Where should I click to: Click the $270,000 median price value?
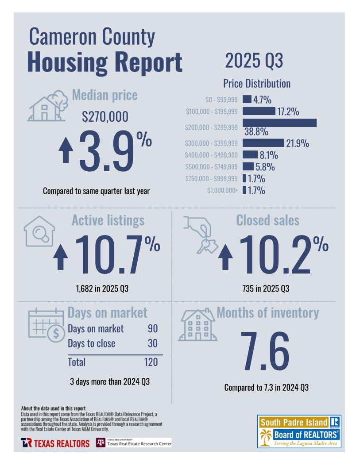click(x=105, y=117)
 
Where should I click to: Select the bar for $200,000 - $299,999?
click(x=279, y=123)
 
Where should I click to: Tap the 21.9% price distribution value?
click(x=298, y=143)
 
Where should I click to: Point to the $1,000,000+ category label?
click(x=223, y=191)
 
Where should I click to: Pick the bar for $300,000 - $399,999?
click(x=263, y=143)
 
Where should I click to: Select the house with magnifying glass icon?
click(x=39, y=231)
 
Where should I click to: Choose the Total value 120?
click(x=151, y=362)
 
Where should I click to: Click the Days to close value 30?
click(x=152, y=343)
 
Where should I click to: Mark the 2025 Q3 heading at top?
click(x=254, y=61)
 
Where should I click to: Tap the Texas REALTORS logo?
click(x=55, y=443)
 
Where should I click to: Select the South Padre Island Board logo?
click(x=299, y=431)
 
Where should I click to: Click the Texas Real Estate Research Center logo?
click(x=133, y=443)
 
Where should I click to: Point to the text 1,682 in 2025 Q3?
click(x=102, y=289)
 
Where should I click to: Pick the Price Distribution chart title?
click(x=257, y=84)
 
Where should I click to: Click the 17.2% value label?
click(x=287, y=112)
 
